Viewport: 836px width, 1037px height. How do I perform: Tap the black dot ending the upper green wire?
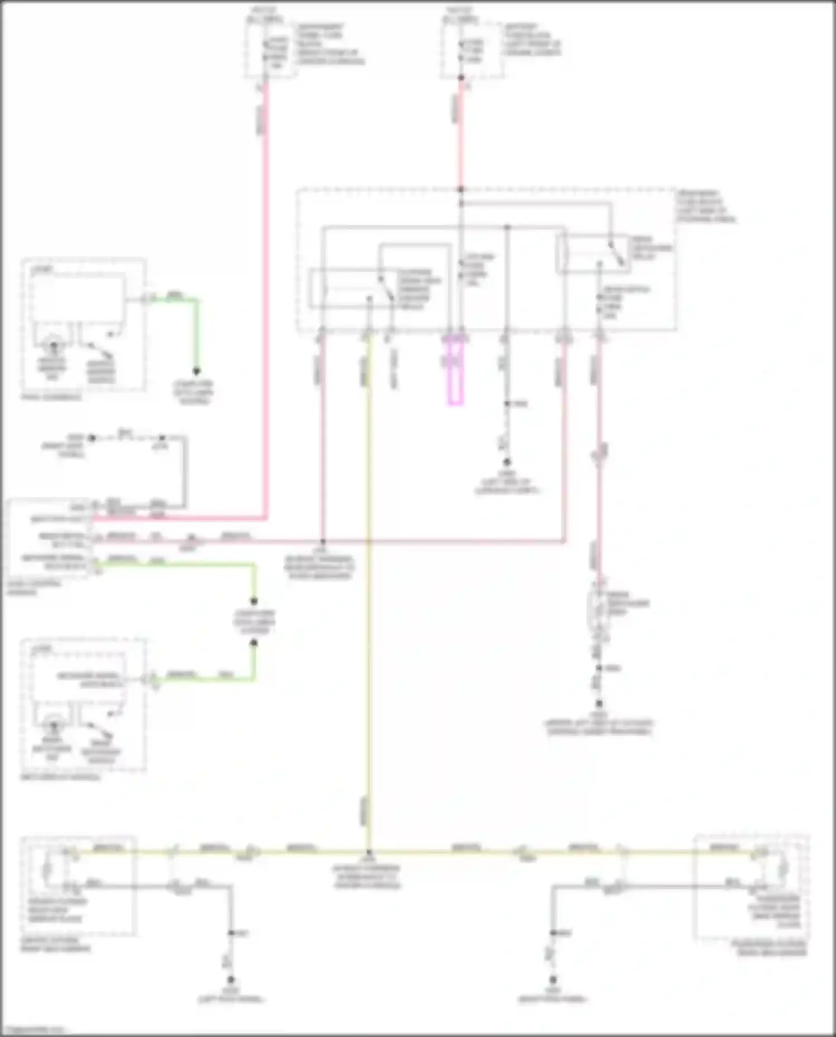tap(196, 371)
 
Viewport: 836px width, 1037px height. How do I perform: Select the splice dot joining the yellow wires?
tap(368, 852)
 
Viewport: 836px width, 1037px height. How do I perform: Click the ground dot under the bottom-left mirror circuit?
tap(230, 979)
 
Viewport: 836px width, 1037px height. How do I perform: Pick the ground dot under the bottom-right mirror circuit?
tap(553, 979)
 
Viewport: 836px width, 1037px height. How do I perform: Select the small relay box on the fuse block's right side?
tap(594, 254)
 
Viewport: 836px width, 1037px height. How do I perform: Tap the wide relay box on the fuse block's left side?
tap(351, 288)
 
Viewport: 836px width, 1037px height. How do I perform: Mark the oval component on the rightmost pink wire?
tap(599, 613)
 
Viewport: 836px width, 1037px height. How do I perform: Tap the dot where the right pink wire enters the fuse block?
tap(461, 189)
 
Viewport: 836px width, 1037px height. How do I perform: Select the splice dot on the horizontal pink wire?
tap(322, 541)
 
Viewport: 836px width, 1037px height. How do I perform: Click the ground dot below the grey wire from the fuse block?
tap(507, 462)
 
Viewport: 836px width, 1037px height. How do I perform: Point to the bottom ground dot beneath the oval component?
tap(599, 704)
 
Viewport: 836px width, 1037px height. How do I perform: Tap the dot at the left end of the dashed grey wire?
tap(93, 438)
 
